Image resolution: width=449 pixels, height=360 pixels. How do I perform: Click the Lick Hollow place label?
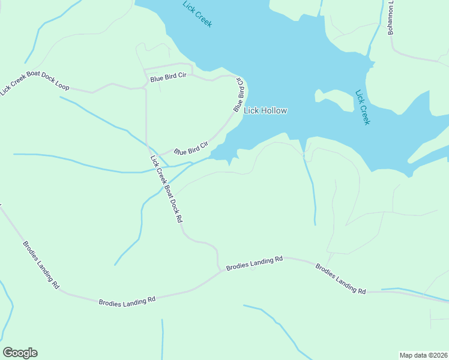265,110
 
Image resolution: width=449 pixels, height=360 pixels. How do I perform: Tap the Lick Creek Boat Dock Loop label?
34,85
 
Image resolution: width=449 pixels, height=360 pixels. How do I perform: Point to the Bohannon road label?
391,18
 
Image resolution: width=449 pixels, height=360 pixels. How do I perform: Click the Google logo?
20,353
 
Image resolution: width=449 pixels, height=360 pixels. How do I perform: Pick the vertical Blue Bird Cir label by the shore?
239,94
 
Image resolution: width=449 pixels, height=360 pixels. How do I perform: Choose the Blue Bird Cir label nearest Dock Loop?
169,78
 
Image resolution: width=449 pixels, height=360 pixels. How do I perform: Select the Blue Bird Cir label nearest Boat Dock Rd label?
191,148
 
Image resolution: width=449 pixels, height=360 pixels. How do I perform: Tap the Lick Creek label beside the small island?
363,107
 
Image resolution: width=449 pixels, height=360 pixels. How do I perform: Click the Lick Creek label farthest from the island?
197,14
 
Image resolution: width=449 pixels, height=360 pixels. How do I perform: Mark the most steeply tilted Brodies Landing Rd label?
41,265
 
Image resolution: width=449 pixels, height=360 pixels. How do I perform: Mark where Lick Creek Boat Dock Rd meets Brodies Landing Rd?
218,271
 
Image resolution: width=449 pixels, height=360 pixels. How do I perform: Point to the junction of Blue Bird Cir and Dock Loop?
146,87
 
